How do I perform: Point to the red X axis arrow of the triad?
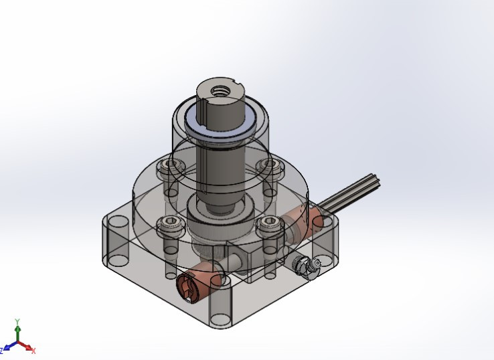(x=29, y=349)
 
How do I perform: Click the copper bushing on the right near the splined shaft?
(x=305, y=221)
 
